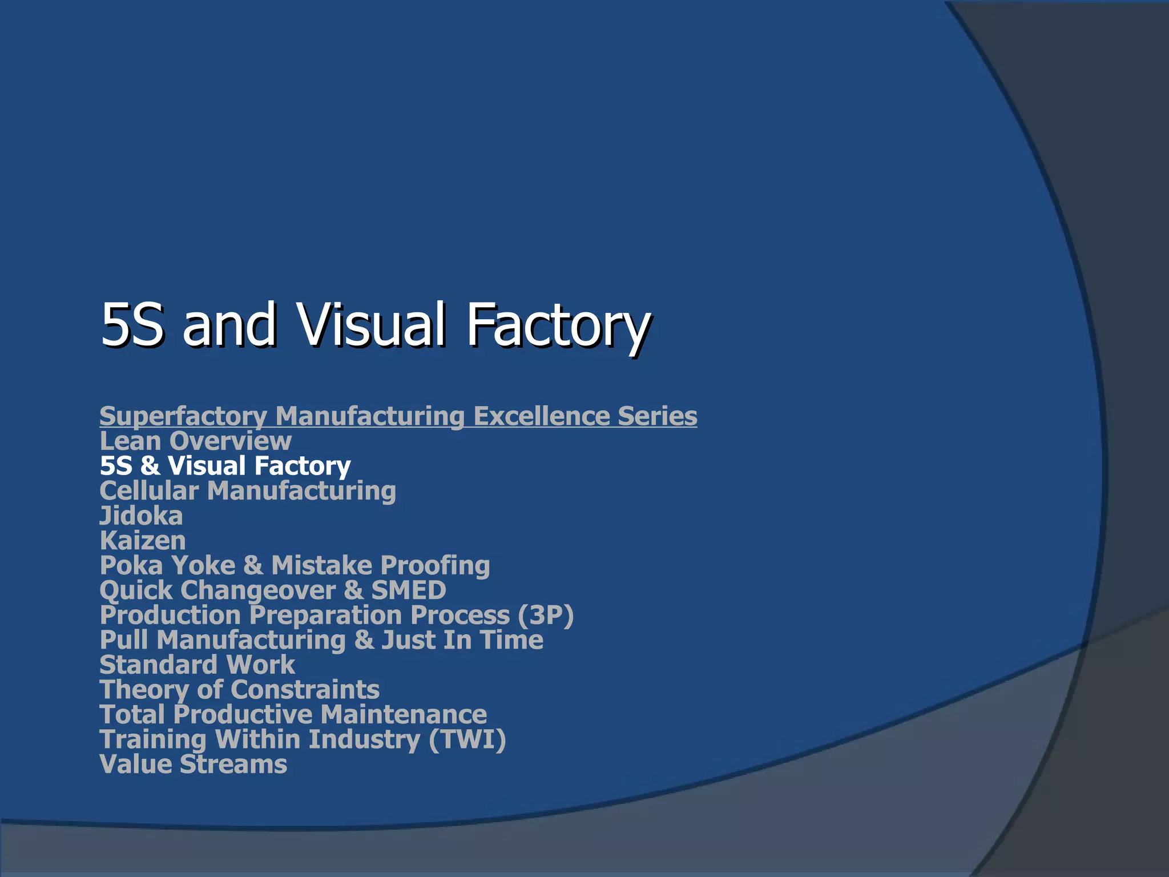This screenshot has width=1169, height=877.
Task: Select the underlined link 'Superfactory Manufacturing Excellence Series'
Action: [398, 416]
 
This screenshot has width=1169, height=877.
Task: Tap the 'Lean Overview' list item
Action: [195, 441]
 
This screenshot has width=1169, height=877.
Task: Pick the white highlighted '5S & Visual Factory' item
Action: [225, 465]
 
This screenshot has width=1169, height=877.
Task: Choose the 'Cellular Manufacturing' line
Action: [248, 490]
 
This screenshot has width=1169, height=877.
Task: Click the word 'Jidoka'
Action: [141, 516]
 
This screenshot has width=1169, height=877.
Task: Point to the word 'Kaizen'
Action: [143, 541]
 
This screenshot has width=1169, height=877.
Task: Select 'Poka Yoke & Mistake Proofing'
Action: [295, 565]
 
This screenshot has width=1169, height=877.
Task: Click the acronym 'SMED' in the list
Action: [409, 590]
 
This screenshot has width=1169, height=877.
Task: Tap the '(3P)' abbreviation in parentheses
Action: [545, 615]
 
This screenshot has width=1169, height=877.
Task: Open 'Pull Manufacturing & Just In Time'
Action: [321, 639]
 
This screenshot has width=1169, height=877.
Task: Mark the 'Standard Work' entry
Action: [197, 665]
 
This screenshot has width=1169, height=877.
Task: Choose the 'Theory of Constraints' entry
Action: [239, 690]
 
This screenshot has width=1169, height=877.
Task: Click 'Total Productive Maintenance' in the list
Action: [293, 714]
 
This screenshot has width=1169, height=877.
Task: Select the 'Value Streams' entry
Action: [193, 764]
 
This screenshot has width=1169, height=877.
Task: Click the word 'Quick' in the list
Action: [136, 590]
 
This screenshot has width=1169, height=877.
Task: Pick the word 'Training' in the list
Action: [152, 739]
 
